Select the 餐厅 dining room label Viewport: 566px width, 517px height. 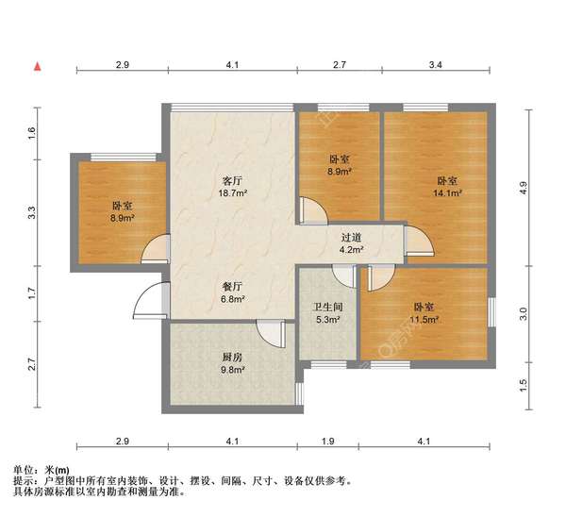tap(233, 286)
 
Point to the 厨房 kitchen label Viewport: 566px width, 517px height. tap(233, 357)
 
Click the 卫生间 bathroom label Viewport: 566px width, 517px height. tap(327, 307)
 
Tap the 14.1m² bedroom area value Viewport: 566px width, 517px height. tap(446, 194)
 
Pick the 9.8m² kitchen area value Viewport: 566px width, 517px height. tap(233, 370)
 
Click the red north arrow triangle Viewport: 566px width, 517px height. tap(38, 67)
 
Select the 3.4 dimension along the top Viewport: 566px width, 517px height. tap(434, 64)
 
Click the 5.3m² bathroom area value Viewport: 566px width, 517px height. tap(327, 320)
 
